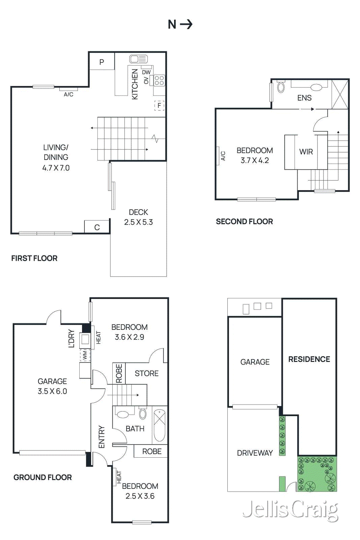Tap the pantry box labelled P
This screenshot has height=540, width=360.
coord(102,62)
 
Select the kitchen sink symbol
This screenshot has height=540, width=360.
coord(138,59)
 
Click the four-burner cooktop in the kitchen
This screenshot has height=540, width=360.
coord(159,80)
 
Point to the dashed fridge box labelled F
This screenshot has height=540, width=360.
coord(159,106)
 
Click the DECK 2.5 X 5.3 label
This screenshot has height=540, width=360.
coord(138,217)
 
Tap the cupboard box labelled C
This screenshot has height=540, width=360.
coord(97,227)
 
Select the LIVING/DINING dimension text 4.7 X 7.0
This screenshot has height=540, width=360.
coord(56,168)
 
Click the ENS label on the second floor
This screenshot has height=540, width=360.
coord(304,98)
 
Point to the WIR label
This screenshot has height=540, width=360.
coord(306,152)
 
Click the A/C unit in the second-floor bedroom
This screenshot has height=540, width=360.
coord(218,156)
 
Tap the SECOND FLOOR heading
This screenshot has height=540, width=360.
coord(244,222)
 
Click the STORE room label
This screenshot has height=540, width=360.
coord(146,373)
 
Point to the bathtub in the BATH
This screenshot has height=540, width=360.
coord(160,425)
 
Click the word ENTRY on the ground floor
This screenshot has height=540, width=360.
coord(102,437)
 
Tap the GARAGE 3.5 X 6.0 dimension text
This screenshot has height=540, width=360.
coord(52,391)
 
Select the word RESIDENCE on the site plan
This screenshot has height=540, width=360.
coord(309,359)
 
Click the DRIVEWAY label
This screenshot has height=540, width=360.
coord(255,453)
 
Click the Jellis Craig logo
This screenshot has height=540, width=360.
coord(290,510)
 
